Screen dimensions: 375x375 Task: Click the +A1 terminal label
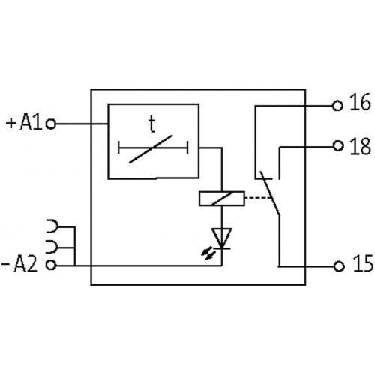tap(24, 122)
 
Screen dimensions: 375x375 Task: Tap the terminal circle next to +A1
tap(51, 124)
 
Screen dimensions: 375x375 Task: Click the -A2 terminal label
tap(19, 264)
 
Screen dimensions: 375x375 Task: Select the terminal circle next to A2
tap(51, 265)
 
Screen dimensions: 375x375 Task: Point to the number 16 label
tap(360, 102)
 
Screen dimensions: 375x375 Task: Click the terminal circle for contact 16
tap(337, 106)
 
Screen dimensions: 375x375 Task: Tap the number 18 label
tap(360, 146)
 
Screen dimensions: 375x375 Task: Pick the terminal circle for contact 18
tap(338, 146)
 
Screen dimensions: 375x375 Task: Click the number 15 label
tap(363, 263)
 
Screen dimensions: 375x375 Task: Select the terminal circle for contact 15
tap(339, 266)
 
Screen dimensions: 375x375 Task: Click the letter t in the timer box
tap(151, 124)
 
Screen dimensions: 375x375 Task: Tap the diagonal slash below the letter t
tap(151, 149)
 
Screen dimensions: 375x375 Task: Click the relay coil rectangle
tap(222, 199)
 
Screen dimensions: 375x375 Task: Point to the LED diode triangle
tap(222, 238)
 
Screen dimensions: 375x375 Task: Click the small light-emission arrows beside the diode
tap(208, 253)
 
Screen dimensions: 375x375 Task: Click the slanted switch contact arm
tap(270, 193)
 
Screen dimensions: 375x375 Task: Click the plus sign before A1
tap(11, 124)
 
